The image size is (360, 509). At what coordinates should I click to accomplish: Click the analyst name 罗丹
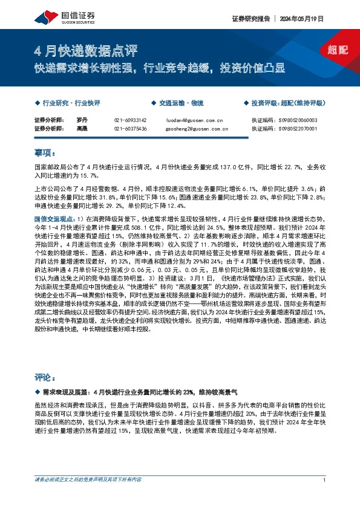tap(83, 120)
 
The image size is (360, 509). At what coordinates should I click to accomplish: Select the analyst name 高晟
tap(83, 128)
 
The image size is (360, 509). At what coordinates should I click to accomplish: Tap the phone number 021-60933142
tap(130, 120)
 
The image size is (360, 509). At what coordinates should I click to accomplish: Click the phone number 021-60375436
tap(130, 128)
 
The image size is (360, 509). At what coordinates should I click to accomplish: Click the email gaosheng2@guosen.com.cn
tap(196, 128)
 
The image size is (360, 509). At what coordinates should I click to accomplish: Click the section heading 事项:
tap(45, 152)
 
